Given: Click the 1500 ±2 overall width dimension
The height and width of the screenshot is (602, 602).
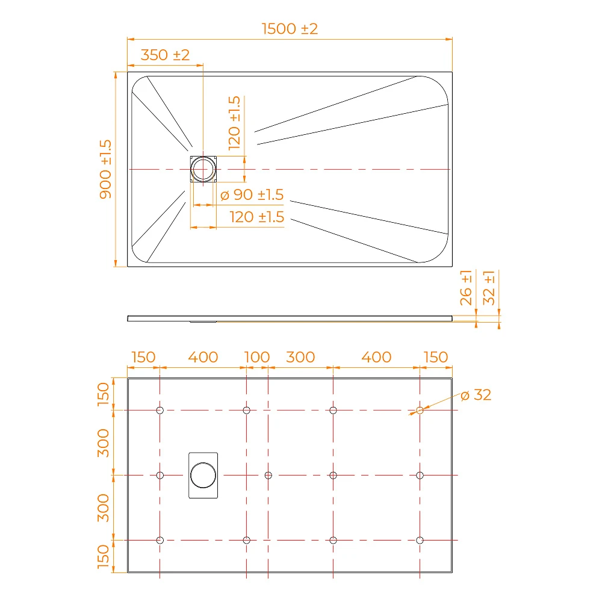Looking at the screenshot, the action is click(x=290, y=29).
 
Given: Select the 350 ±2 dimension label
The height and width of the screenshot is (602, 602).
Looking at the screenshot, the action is click(x=165, y=55).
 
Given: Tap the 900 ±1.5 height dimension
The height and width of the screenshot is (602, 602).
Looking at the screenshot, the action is click(x=105, y=169).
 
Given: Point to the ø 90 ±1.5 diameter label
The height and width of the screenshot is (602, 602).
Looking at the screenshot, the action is click(x=252, y=194).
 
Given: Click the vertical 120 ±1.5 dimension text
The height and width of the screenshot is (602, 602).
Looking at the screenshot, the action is click(x=234, y=123).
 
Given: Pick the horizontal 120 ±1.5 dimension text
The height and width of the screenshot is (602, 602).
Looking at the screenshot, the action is click(x=257, y=217).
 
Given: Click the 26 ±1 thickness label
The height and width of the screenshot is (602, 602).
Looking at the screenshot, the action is click(x=466, y=288).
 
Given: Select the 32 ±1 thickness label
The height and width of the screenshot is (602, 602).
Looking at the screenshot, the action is click(x=489, y=288).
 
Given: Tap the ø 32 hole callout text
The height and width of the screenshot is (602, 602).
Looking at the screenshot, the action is click(x=476, y=395).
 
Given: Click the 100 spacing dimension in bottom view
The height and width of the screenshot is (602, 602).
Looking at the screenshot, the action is click(x=257, y=357).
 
